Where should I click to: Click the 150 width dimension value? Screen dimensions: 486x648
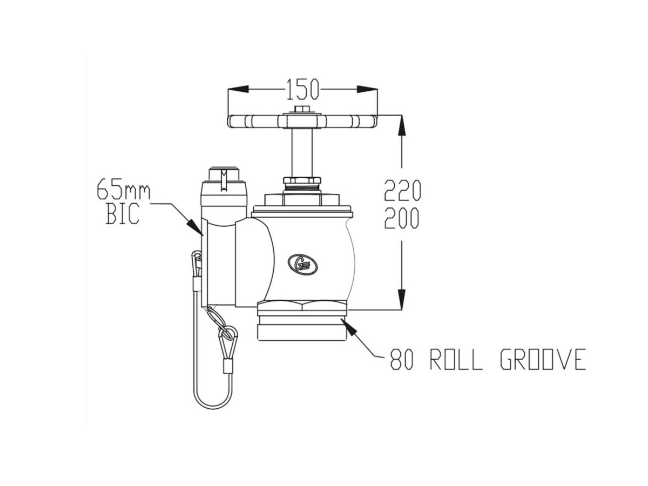click(302, 90)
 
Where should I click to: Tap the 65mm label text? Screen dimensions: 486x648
click(124, 190)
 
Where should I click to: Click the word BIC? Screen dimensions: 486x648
click(123, 214)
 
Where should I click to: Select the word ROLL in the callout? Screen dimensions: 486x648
click(456, 360)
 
